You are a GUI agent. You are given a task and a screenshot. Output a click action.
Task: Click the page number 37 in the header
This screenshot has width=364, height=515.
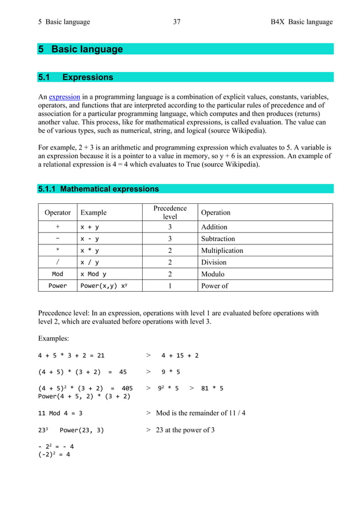(x=176, y=22)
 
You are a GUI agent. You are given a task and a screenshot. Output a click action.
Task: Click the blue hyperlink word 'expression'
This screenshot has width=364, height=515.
(x=64, y=96)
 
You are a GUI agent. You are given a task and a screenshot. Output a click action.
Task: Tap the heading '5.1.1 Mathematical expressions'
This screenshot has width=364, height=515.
(x=98, y=189)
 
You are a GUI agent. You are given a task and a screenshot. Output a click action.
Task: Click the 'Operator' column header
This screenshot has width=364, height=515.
(x=58, y=212)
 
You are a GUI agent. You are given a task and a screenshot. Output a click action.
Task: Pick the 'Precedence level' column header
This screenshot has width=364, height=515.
(x=170, y=212)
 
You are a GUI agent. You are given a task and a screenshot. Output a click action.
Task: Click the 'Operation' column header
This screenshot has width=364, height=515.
(x=216, y=212)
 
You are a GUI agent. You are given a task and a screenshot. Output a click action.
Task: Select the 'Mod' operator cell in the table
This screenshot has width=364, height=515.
(x=58, y=274)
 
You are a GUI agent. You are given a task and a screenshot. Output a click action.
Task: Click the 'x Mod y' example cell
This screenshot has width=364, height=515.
(x=93, y=274)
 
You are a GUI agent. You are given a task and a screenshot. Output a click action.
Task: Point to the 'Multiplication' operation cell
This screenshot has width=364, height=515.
(x=222, y=251)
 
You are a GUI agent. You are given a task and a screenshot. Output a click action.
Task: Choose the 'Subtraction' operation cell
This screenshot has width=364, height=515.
(x=218, y=239)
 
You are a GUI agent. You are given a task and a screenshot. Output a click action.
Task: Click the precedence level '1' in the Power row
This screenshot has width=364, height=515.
(x=170, y=286)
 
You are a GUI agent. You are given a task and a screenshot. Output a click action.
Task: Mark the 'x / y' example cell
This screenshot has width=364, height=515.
(x=89, y=263)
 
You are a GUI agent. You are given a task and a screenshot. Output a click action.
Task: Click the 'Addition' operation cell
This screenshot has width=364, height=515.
(x=214, y=227)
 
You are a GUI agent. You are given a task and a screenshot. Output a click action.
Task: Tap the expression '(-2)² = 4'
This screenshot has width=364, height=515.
(x=54, y=455)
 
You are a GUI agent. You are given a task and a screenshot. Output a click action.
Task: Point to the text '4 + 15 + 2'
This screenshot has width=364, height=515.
(x=180, y=356)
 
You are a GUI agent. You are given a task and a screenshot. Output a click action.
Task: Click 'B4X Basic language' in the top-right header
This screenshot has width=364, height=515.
(x=301, y=22)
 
